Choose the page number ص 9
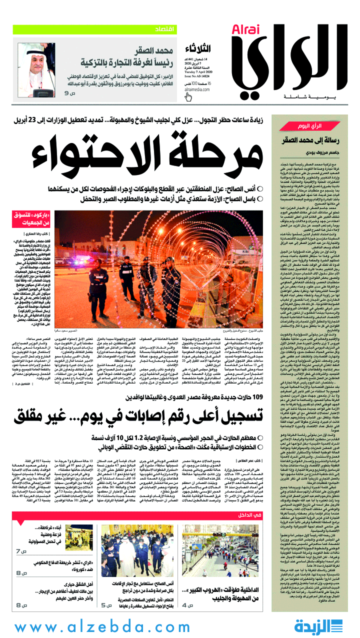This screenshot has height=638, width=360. click(68, 93)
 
